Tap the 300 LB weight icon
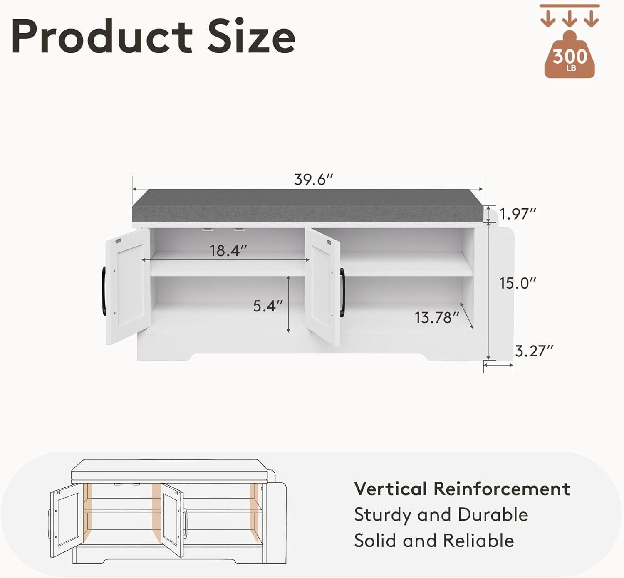570,54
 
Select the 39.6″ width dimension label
313,180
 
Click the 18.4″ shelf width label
228,251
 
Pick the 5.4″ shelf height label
268,306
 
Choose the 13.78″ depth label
437,318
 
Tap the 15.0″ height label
518,283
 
